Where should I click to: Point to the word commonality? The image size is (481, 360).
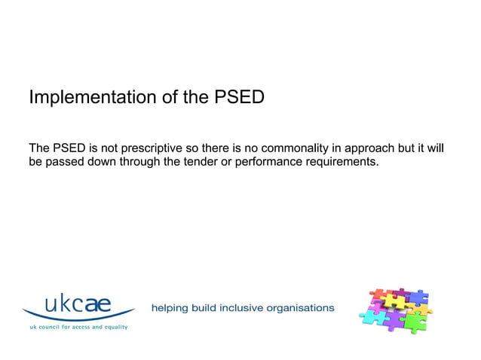(295, 148)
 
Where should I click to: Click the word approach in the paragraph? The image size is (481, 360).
(369, 148)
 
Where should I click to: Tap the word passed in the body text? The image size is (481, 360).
(65, 162)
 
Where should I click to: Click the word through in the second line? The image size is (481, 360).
(139, 162)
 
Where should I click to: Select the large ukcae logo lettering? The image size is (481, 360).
(78, 305)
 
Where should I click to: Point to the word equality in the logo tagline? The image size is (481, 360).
(115, 327)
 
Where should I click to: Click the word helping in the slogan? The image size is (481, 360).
(170, 307)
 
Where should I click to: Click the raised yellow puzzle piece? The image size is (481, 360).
(393, 301)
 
